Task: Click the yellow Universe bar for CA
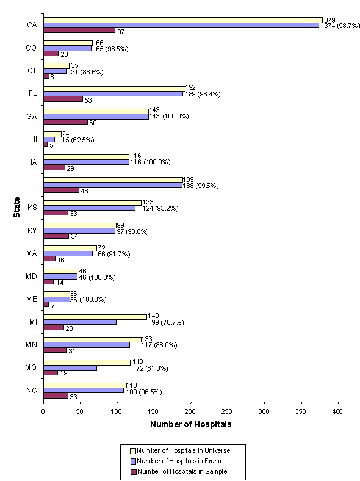pyautogui.click(x=182, y=20)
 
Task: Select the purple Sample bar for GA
pyautogui.click(x=65, y=121)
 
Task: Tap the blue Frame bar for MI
pyautogui.click(x=79, y=322)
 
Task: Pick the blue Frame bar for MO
pyautogui.click(x=70, y=367)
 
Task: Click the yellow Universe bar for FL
pyautogui.click(x=113, y=88)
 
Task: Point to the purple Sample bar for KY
pyautogui.click(x=56, y=236)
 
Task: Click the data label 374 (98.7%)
pyautogui.click(x=340, y=25)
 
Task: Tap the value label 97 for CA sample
pyautogui.click(x=121, y=31)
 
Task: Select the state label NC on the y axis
pyautogui.click(x=31, y=391)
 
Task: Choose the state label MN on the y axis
pyautogui.click(x=31, y=345)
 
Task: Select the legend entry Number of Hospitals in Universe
pyautogui.click(x=184, y=450)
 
